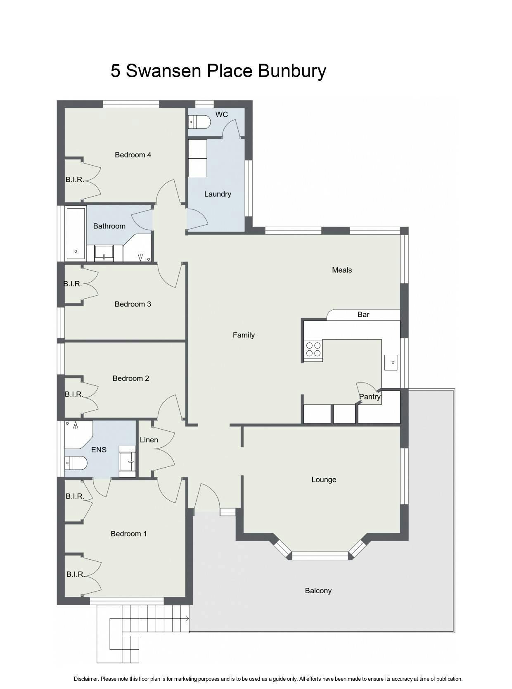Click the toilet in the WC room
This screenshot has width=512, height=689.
[x=199, y=122]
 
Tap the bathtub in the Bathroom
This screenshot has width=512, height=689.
[x=76, y=234]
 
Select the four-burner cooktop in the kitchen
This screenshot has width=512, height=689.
[x=313, y=349]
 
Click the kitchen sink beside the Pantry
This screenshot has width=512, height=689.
[x=391, y=362]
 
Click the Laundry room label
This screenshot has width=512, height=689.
[x=218, y=194]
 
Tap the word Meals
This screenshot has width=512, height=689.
[x=342, y=270]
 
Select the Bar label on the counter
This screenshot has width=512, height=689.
[x=363, y=314]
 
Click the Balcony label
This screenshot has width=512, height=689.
[x=318, y=591]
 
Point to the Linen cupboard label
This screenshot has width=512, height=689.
[x=149, y=440]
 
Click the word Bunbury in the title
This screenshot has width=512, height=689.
[x=292, y=71]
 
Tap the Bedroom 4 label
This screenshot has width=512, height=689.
[x=133, y=155]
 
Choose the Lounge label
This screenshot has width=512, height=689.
[x=324, y=480]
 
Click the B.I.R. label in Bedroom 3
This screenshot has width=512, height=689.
[x=73, y=284]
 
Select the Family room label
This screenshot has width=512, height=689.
[x=244, y=335]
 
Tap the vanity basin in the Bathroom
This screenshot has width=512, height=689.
[x=104, y=253]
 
